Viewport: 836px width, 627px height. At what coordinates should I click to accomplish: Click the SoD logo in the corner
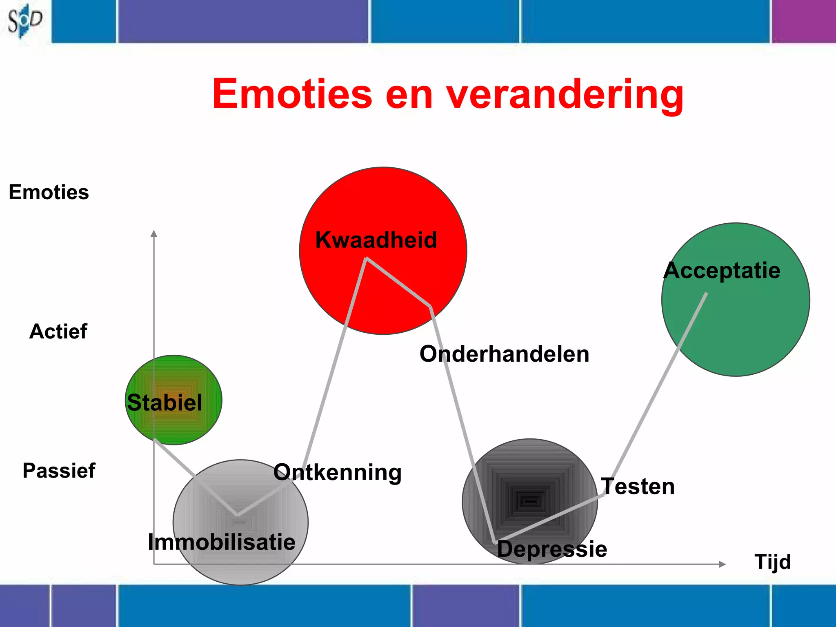pyautogui.click(x=24, y=20)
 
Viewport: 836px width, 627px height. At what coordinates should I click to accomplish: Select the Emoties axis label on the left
pyautogui.click(x=49, y=192)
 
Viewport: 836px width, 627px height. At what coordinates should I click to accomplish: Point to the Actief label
pyautogui.click(x=58, y=331)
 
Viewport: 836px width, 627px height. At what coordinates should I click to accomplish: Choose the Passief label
pyautogui.click(x=59, y=470)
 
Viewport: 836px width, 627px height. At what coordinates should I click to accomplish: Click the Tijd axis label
pyautogui.click(x=772, y=562)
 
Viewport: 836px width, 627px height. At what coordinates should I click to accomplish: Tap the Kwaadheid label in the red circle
pyautogui.click(x=376, y=240)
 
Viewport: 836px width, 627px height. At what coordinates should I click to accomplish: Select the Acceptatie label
pyautogui.click(x=722, y=271)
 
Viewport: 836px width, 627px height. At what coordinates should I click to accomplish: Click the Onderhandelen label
pyautogui.click(x=505, y=354)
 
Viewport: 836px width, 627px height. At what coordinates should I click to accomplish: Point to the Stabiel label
pyautogui.click(x=165, y=402)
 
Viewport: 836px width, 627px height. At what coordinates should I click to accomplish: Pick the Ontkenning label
pyautogui.click(x=338, y=472)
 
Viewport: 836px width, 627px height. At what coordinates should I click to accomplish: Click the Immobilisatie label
pyautogui.click(x=222, y=542)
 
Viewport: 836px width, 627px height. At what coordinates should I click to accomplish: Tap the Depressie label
pyautogui.click(x=552, y=549)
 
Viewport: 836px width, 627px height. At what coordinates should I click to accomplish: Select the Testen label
pyautogui.click(x=638, y=487)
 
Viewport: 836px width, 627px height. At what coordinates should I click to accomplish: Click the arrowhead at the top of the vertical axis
pyautogui.click(x=154, y=233)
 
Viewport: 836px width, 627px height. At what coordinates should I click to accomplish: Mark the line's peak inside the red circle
pyautogui.click(x=366, y=258)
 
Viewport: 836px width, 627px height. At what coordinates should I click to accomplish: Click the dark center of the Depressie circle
pyautogui.click(x=530, y=501)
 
